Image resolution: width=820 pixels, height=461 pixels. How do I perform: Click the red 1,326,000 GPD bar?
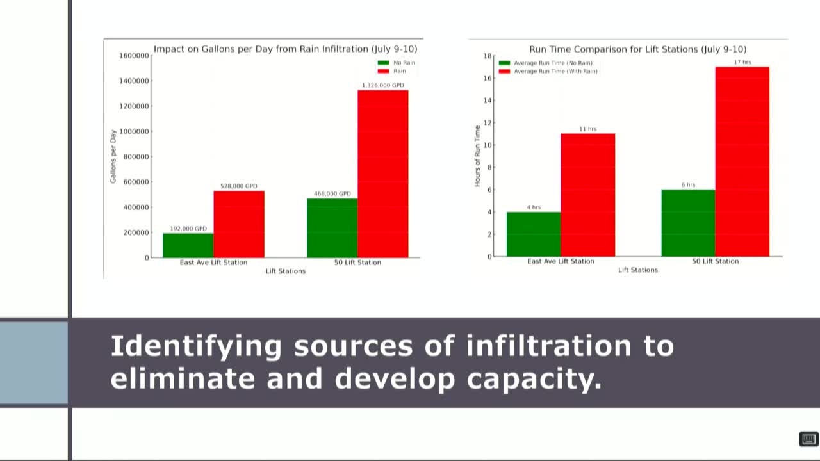click(382, 174)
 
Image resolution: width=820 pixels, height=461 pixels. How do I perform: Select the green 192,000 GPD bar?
click(188, 245)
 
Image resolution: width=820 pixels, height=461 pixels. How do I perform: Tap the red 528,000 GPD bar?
click(239, 224)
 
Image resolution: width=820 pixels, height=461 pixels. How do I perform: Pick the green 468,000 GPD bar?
click(332, 228)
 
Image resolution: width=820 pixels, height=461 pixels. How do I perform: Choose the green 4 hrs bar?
click(534, 234)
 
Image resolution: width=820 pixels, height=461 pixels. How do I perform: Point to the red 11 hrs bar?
click(587, 195)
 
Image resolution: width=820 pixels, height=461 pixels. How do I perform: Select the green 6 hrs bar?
click(688, 223)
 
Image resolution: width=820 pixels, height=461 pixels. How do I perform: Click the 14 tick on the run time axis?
click(488, 101)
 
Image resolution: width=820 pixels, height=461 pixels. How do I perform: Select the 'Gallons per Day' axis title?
click(113, 157)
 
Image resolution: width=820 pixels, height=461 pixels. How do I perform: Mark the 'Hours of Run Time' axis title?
click(477, 156)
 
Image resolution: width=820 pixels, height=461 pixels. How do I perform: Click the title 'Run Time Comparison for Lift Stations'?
click(637, 49)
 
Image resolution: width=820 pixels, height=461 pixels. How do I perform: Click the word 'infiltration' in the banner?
click(548, 346)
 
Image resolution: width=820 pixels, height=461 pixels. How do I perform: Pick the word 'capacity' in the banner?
click(534, 378)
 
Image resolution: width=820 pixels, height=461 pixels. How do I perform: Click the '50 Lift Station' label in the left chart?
click(357, 263)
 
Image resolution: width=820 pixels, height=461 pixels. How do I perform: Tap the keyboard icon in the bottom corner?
click(808, 439)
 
